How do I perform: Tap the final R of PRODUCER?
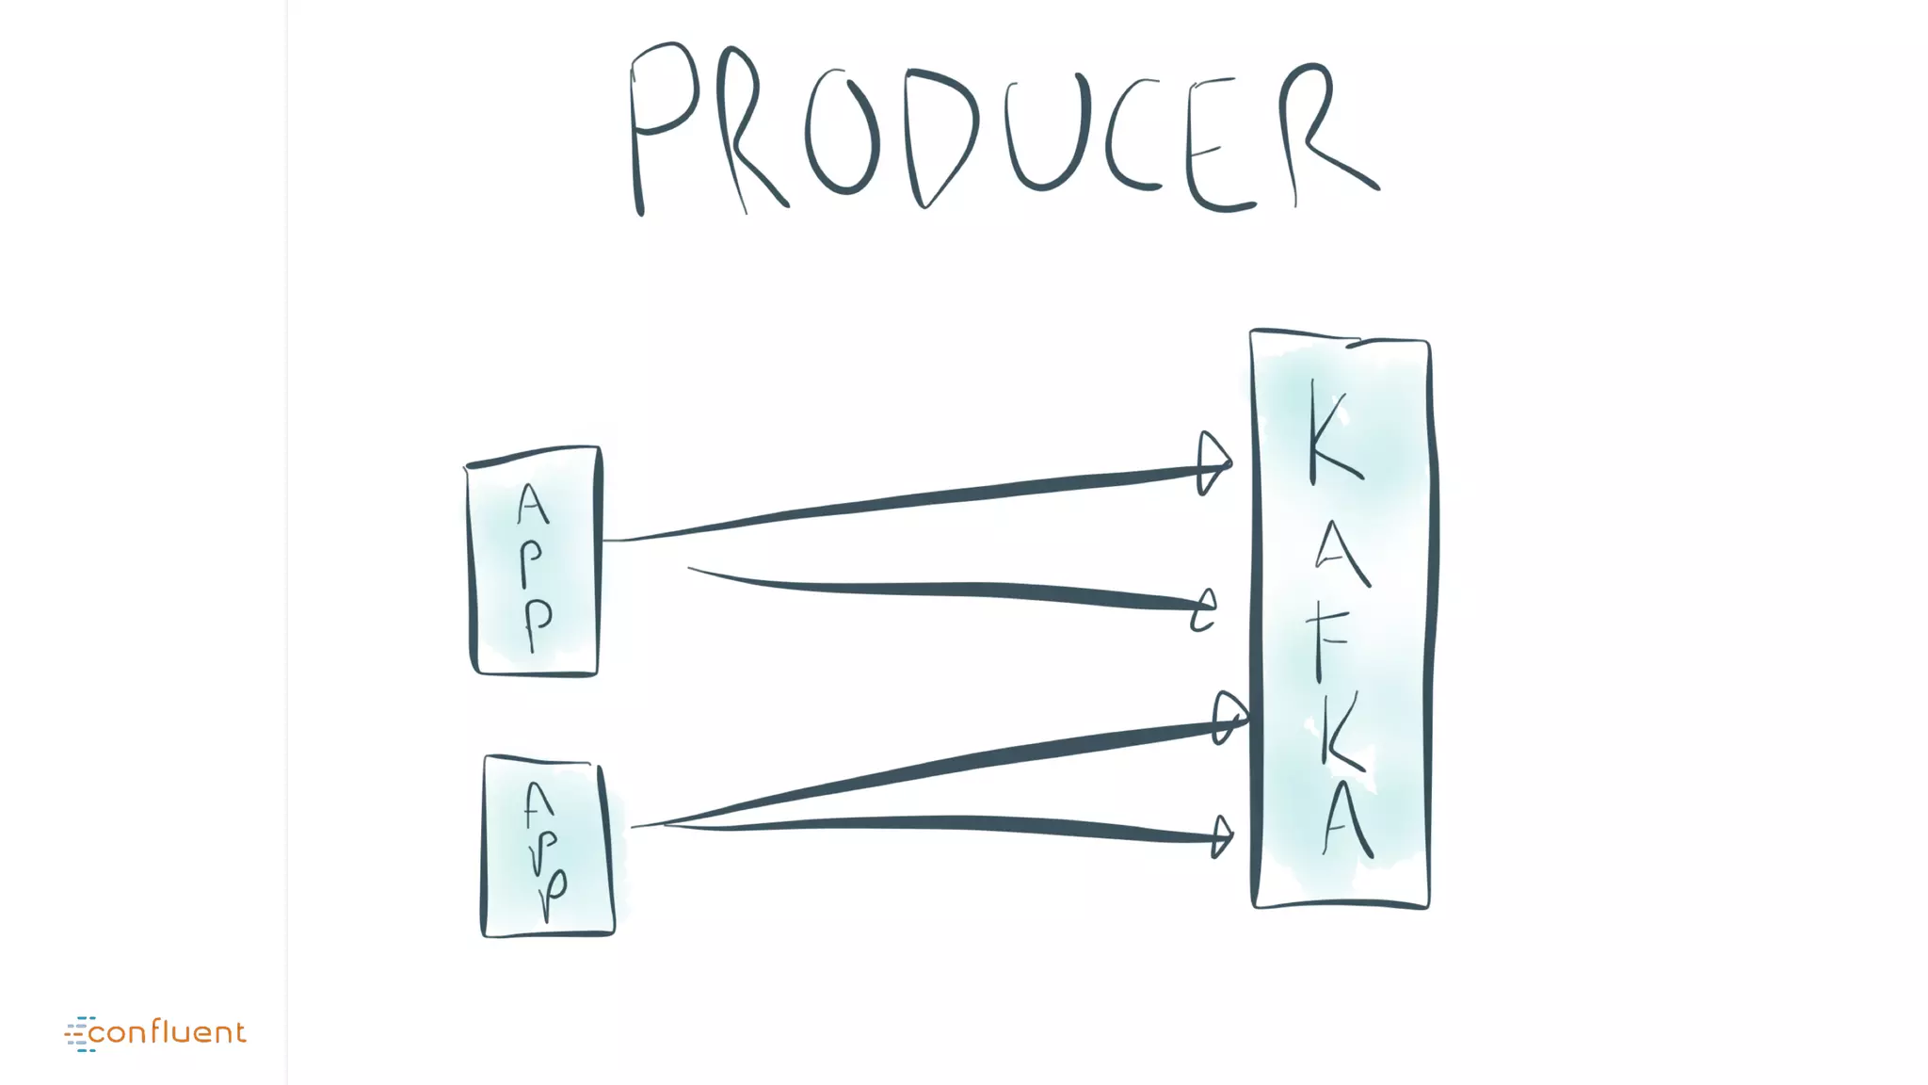(x=1318, y=132)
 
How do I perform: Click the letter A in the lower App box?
(x=538, y=805)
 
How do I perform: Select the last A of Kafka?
(x=1347, y=821)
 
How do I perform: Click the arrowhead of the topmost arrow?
(x=1213, y=463)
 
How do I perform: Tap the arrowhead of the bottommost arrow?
(x=1222, y=835)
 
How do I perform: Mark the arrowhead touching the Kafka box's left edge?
(x=1229, y=719)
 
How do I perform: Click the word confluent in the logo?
(x=167, y=1032)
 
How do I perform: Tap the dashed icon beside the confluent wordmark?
(x=80, y=1033)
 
